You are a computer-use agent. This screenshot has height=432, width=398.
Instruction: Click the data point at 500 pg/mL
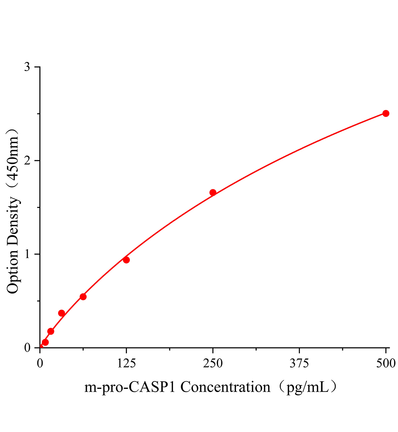click(x=386, y=113)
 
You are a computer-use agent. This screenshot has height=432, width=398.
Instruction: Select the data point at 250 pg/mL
click(x=213, y=193)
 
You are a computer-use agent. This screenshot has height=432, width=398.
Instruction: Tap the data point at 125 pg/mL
click(x=126, y=260)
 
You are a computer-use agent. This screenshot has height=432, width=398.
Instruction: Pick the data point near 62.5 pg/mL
click(x=83, y=297)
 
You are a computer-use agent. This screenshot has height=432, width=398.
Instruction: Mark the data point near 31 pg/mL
click(x=61, y=313)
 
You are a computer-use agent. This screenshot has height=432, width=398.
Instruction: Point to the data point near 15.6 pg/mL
click(x=51, y=331)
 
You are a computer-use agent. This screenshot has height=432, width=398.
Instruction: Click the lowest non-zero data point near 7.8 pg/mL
click(x=45, y=342)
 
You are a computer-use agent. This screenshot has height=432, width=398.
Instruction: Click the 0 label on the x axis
click(x=40, y=364)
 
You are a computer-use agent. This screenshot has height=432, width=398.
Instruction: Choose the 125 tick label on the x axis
click(x=126, y=364)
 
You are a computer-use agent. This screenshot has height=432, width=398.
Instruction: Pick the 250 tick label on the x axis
click(x=213, y=364)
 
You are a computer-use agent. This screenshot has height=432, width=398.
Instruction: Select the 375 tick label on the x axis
click(x=299, y=364)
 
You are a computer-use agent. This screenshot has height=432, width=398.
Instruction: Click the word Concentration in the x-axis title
click(x=225, y=387)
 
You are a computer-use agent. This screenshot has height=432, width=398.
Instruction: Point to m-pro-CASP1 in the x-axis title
click(x=131, y=387)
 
